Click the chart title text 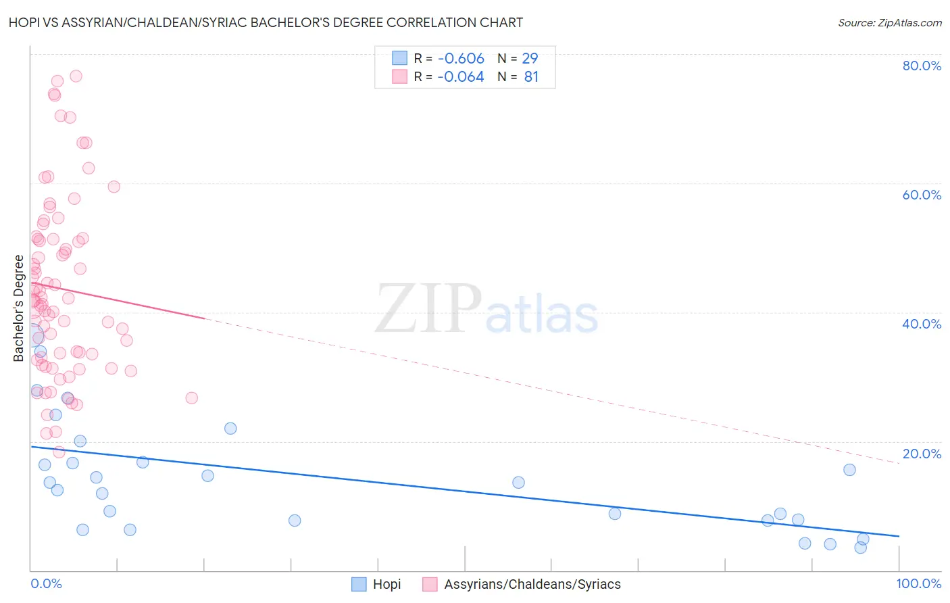tap(266, 22)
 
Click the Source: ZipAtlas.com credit tap(889, 22)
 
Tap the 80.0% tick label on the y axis tap(922, 66)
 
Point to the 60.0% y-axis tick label tap(922, 195)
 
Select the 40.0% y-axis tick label tap(922, 324)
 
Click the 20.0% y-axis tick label tap(922, 454)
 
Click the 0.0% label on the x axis tap(46, 583)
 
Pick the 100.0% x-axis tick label tap(918, 583)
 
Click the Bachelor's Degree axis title tap(18, 308)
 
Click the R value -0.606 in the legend tap(460, 59)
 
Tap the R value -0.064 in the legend tap(460, 77)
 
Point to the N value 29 tap(530, 59)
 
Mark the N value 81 tap(531, 77)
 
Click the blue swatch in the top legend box tap(399, 58)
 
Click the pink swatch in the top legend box tap(399, 76)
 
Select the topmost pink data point tap(76, 76)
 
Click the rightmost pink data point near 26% tap(191, 397)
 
